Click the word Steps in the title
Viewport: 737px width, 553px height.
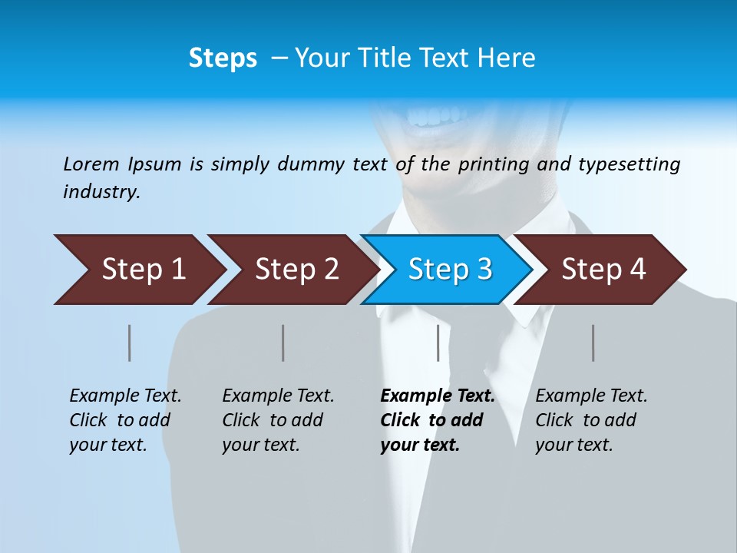[x=223, y=58]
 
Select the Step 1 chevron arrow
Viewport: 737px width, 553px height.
[x=142, y=270]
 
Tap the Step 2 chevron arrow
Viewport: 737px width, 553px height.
[x=296, y=270]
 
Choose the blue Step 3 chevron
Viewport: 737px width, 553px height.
[x=449, y=270]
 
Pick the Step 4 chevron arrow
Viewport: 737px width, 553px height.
[x=603, y=270]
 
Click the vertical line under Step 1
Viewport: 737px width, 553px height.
[x=130, y=343]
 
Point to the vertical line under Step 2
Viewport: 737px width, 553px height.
[x=283, y=343]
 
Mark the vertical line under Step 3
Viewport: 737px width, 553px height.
[x=438, y=343]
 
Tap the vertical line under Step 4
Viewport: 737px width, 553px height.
[x=593, y=343]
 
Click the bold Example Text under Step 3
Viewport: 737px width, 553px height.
[x=436, y=419]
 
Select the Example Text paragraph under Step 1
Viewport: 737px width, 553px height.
[x=125, y=419]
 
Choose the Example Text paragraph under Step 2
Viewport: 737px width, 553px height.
[x=278, y=419]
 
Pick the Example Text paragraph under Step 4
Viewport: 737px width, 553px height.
[x=590, y=419]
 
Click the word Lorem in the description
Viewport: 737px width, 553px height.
[x=91, y=164]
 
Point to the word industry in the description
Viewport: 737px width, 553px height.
[x=101, y=192]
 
